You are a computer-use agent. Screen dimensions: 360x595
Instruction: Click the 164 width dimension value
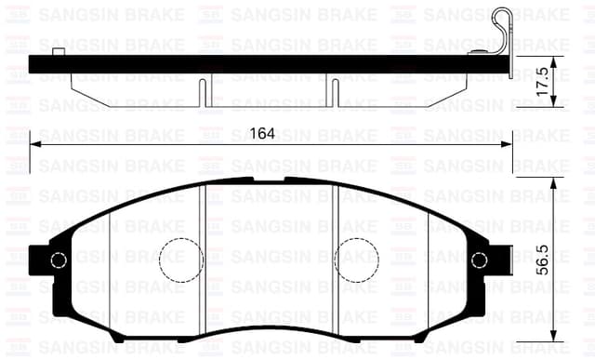263,133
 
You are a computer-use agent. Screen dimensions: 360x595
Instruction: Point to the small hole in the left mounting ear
58,261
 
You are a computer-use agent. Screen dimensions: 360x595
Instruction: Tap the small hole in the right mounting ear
479,261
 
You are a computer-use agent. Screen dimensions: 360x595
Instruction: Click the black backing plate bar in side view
270,64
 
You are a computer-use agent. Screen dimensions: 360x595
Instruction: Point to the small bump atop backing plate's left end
59,52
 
